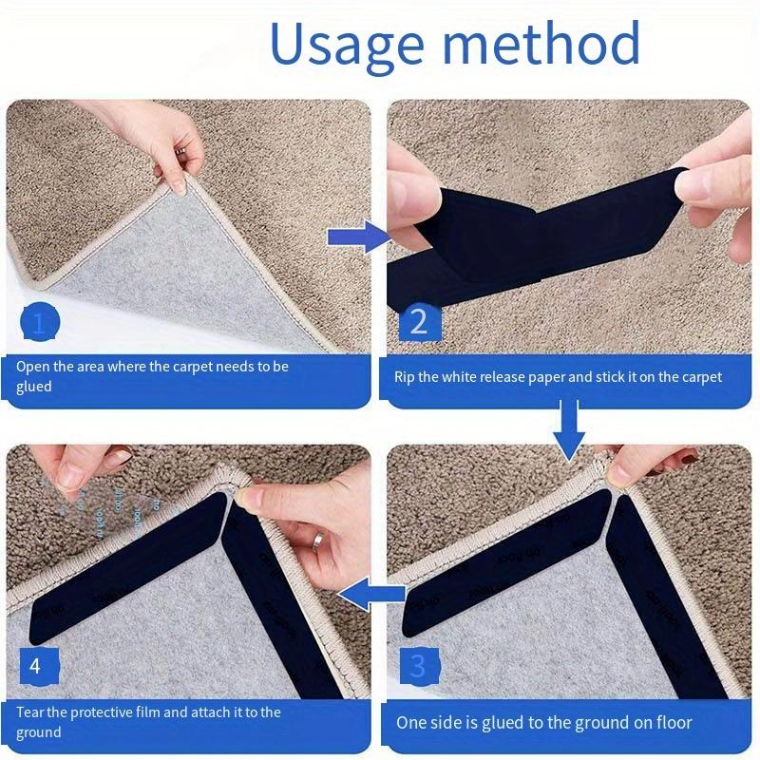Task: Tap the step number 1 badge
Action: (39, 324)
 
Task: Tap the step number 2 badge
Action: (418, 324)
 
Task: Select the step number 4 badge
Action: (36, 666)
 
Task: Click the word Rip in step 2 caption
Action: (405, 377)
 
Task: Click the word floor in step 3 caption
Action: (672, 723)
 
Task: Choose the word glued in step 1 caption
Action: (34, 387)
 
